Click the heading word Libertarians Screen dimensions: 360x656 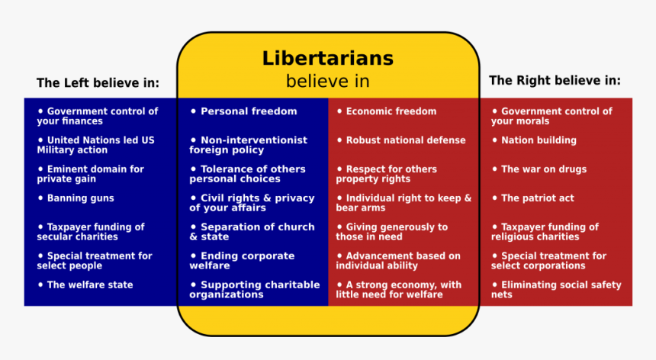tap(327, 58)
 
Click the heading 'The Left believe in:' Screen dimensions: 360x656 tap(98, 82)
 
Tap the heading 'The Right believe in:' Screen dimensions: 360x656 tap(555, 80)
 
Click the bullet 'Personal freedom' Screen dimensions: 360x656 tap(244, 111)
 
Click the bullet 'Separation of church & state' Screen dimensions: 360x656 tap(252, 232)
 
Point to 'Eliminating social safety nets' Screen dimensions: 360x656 tap(556, 290)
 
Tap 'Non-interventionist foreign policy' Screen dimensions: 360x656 tap(249, 145)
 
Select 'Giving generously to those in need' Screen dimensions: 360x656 tap(392, 232)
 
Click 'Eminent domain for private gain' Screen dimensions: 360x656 tap(90, 174)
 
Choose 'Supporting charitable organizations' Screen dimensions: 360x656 tap(255, 290)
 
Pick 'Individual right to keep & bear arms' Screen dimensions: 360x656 tap(404, 203)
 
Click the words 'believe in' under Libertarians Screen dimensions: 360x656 tap(327, 81)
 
